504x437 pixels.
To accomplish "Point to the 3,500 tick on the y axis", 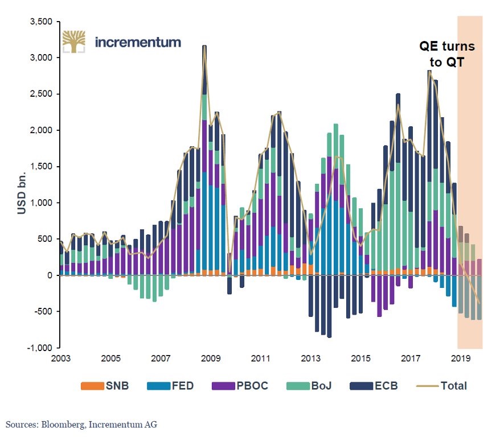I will [40, 22].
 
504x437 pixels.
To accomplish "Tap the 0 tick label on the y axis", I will [49, 275].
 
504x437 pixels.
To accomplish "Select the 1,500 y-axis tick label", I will [40, 167].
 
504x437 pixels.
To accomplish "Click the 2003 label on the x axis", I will [61, 360].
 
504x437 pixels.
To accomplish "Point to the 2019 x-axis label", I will [461, 360].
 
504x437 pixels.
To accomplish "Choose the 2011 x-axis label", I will [261, 360].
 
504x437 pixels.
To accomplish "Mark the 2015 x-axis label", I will [360, 360].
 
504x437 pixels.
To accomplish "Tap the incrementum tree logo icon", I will [73, 42].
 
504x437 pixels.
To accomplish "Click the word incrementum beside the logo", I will [138, 42].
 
